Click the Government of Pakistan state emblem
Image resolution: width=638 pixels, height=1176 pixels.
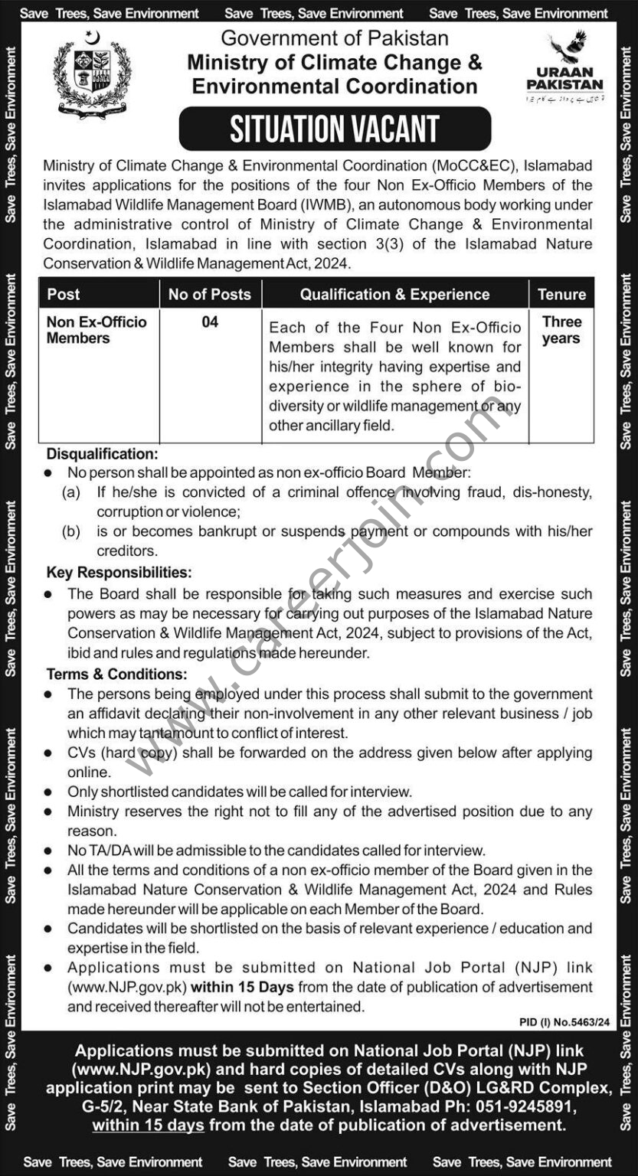pyautogui.click(x=92, y=73)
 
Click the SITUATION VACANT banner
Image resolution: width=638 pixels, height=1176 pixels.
pyautogui.click(x=335, y=129)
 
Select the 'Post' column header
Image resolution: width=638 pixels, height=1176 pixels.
pyautogui.click(x=64, y=294)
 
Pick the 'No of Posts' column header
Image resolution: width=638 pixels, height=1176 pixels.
pyautogui.click(x=210, y=294)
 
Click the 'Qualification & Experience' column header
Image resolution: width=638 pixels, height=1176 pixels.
pyautogui.click(x=394, y=294)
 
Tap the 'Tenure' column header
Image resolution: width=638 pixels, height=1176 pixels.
pyautogui.click(x=561, y=294)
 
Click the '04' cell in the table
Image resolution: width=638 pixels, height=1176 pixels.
pyautogui.click(x=210, y=322)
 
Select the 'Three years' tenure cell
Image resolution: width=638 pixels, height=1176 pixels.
pyautogui.click(x=561, y=330)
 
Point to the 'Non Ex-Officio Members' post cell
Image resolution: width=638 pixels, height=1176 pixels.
pyautogui.click(x=97, y=330)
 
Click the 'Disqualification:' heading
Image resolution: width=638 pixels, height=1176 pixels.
pyautogui.click(x=103, y=454)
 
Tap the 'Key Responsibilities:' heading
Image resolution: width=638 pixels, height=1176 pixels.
pyautogui.click(x=119, y=573)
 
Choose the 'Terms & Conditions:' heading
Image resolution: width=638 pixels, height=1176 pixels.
pyautogui.click(x=116, y=675)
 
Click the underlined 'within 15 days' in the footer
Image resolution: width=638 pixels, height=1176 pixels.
pyautogui.click(x=148, y=1125)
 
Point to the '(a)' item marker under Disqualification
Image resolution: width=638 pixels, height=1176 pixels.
pyautogui.click(x=71, y=492)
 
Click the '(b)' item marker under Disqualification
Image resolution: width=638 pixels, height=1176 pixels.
pyautogui.click(x=71, y=531)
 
